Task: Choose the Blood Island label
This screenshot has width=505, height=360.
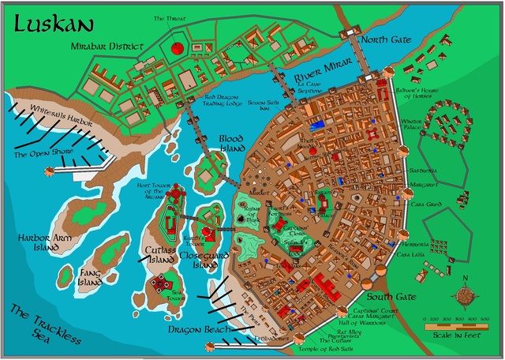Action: pos(236,143)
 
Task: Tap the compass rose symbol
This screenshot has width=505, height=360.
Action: pos(466,294)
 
